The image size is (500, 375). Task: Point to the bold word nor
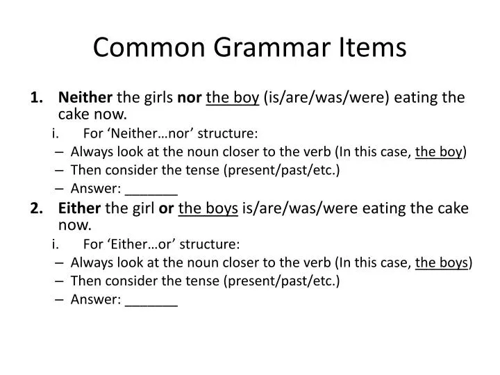click(190, 98)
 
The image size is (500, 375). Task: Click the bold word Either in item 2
click(79, 208)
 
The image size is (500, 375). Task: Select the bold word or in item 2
click(167, 208)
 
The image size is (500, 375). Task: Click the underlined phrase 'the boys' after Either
click(208, 208)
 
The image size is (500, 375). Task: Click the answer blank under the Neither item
click(152, 189)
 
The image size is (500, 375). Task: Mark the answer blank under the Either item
click(152, 300)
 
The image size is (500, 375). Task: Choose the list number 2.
click(36, 208)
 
